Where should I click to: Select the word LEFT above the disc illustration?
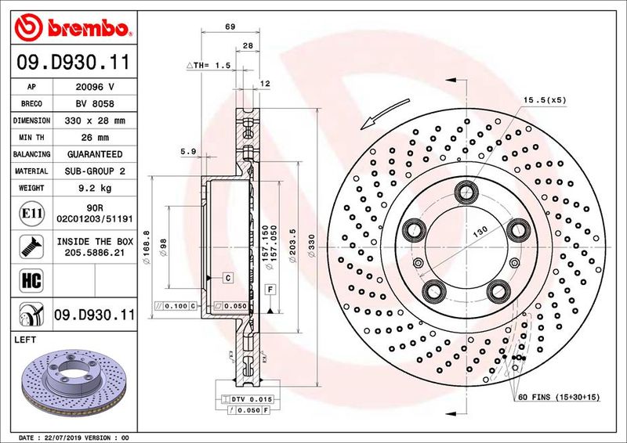[x=27, y=340]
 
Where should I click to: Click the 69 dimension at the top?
[x=230, y=27]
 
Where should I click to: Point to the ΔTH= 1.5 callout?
[x=208, y=66]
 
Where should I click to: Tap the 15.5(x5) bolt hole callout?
[x=545, y=99]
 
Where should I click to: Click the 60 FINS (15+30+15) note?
[x=558, y=398]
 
